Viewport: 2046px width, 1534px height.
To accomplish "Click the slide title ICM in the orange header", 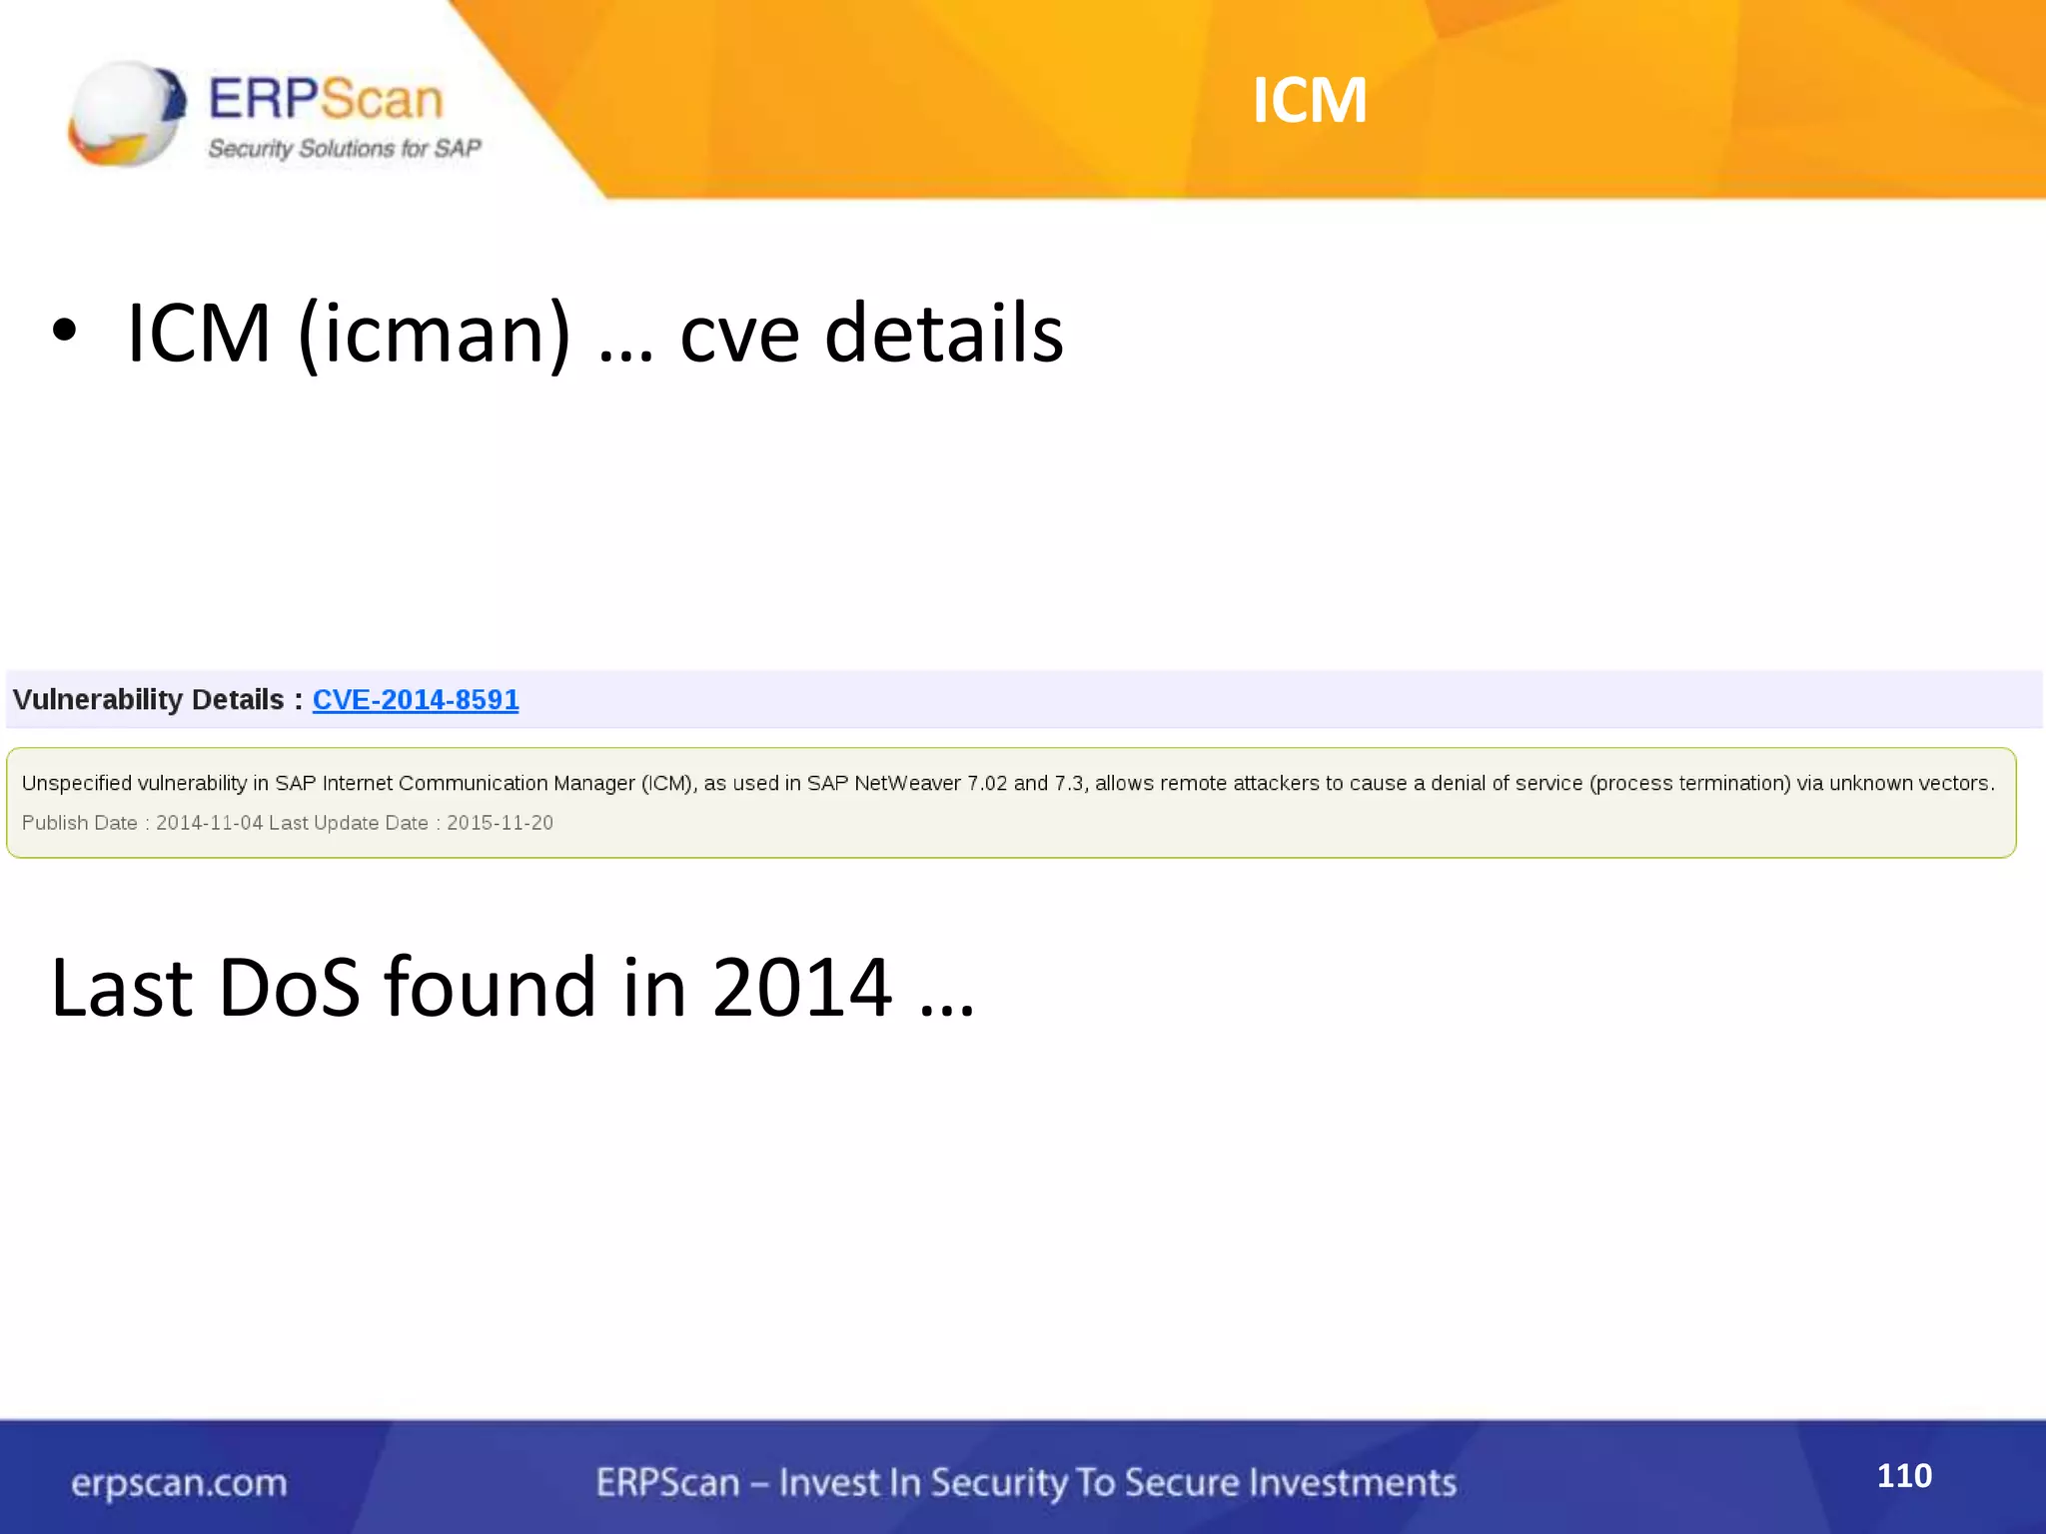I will point(1309,100).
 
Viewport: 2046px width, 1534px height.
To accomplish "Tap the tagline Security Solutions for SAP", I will point(345,149).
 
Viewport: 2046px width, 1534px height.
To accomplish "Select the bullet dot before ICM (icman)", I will point(64,332).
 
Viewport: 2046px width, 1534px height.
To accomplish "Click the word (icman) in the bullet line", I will point(434,334).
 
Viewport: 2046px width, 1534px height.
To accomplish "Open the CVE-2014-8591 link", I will point(416,699).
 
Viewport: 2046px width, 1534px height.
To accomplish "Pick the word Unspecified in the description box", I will point(76,783).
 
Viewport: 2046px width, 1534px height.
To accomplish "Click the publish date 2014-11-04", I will point(209,823).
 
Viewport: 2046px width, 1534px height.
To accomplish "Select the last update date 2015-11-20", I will point(500,823).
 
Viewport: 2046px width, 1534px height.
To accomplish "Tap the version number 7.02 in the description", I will point(987,783).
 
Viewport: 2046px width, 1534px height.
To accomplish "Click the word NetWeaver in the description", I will point(907,783).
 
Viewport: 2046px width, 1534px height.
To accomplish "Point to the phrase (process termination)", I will point(1689,783).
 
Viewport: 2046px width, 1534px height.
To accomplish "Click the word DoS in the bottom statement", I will point(289,988).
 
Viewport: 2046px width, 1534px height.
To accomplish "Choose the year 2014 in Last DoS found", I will point(801,988).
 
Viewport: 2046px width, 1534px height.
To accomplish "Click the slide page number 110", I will point(1904,1475).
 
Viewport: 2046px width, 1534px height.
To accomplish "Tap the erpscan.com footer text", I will point(179,1483).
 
